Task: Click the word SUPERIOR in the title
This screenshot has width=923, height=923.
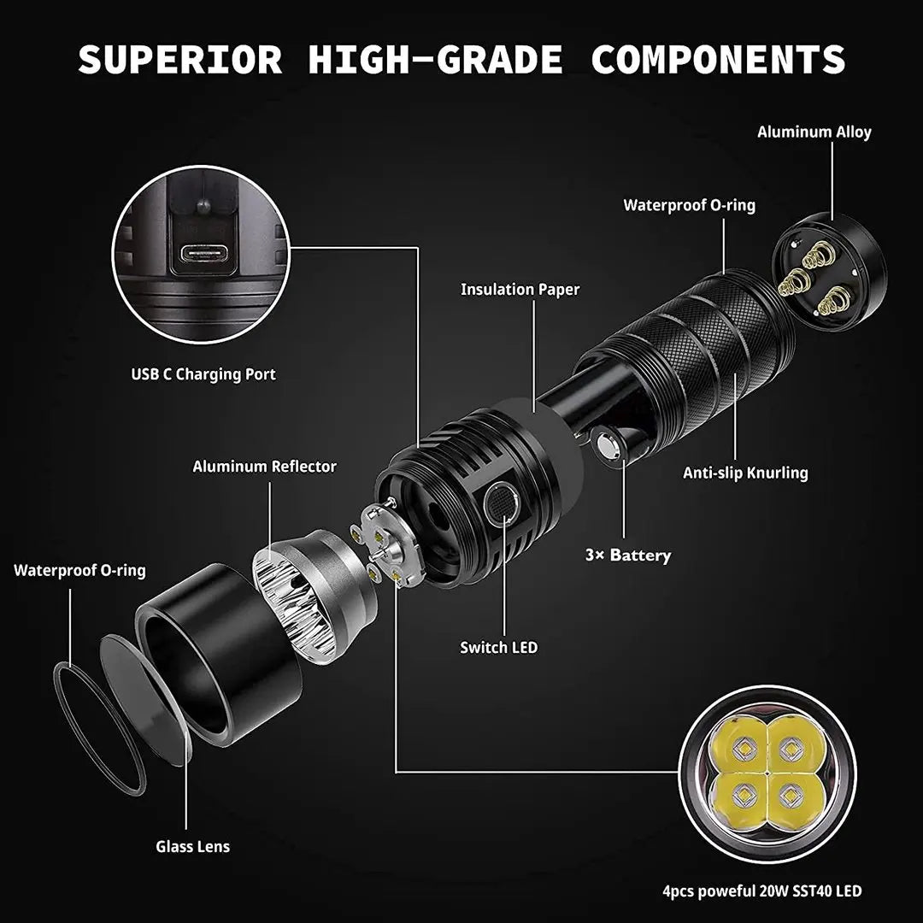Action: click(x=179, y=59)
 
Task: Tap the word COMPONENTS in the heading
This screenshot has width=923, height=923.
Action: click(x=719, y=59)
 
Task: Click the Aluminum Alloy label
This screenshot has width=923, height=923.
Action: click(x=814, y=132)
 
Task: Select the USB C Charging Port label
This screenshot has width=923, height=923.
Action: click(x=203, y=374)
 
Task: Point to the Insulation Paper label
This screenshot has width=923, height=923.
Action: click(x=520, y=290)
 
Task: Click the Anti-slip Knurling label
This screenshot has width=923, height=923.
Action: click(x=744, y=473)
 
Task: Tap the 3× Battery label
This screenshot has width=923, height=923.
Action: click(x=627, y=556)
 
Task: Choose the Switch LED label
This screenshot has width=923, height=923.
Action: click(x=499, y=648)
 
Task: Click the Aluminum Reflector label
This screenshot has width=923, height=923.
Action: click(x=264, y=467)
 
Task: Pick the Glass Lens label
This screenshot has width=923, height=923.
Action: click(x=192, y=847)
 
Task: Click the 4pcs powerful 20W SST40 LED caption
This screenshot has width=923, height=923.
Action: click(x=761, y=891)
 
